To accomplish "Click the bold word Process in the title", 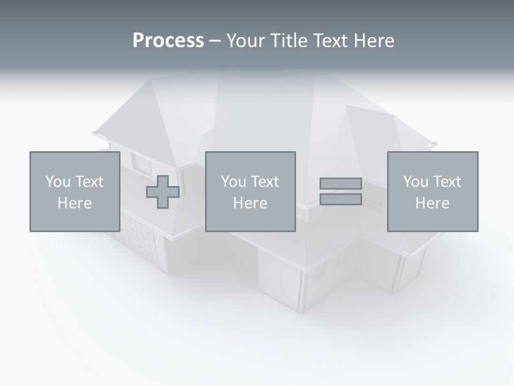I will coord(168,41).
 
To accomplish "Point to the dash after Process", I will coord(215,41).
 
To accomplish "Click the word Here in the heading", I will coord(373,41).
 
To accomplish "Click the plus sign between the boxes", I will coord(163,192).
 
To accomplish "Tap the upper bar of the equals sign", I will coord(341,183).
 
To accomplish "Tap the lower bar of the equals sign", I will coord(341,199).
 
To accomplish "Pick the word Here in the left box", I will coord(74,203).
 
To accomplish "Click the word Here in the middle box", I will coord(250,203).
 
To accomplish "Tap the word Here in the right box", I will coord(432,203).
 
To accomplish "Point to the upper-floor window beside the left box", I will coord(142,165).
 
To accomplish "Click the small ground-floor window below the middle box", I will coord(319,271).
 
